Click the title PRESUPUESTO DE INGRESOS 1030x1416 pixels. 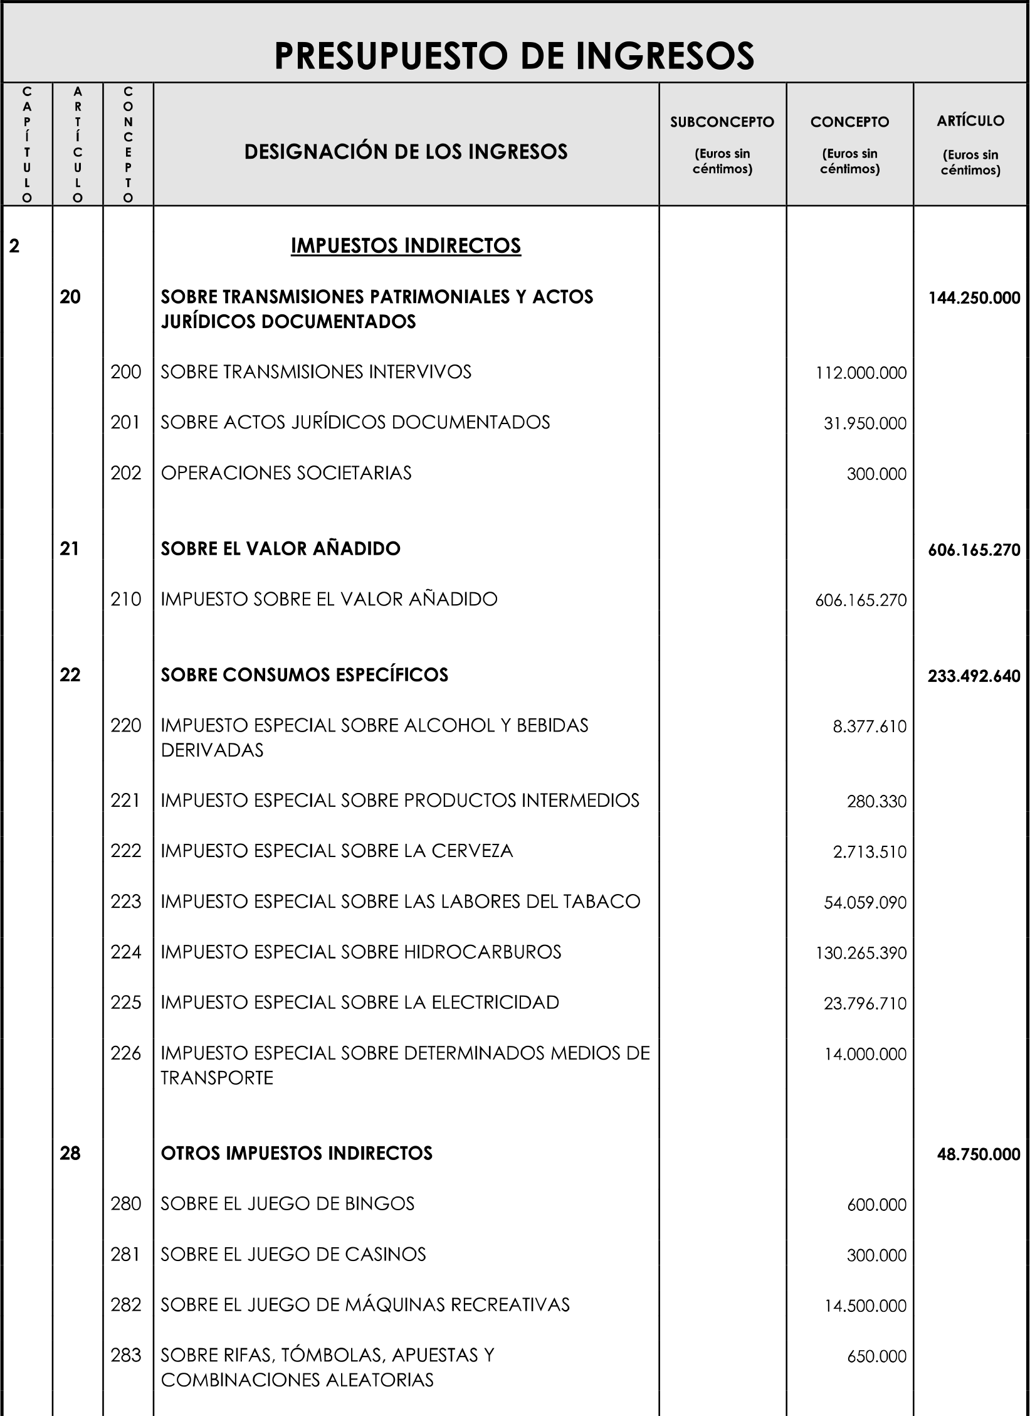click(x=514, y=56)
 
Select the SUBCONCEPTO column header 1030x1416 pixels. click(x=722, y=122)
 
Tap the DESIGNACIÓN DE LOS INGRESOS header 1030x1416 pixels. click(x=406, y=152)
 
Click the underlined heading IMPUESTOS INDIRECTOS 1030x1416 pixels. click(x=406, y=246)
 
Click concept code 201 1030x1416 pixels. click(x=125, y=422)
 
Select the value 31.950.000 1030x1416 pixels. click(x=865, y=423)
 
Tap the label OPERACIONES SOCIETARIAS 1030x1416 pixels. click(x=286, y=473)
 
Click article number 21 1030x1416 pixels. click(x=70, y=549)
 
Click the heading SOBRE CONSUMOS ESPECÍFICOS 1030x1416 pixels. click(x=304, y=675)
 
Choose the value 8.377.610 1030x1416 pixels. click(x=870, y=727)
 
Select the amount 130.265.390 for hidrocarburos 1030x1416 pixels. click(x=861, y=953)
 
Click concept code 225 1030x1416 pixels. click(x=125, y=1003)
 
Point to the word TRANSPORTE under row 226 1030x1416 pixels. click(x=217, y=1078)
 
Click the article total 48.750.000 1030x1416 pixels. click(x=978, y=1154)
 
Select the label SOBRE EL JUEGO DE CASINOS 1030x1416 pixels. click(x=293, y=1255)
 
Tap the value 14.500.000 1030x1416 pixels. click(x=865, y=1306)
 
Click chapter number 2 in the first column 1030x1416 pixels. click(x=14, y=246)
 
